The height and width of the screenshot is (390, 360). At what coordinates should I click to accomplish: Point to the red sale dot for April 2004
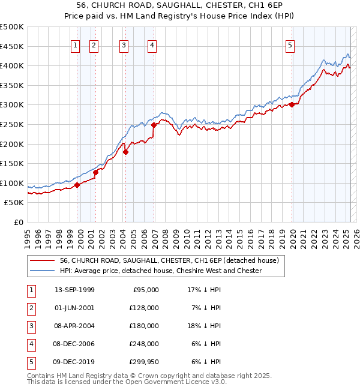coord(126,152)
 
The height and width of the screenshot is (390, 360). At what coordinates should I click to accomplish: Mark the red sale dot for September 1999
coord(77,185)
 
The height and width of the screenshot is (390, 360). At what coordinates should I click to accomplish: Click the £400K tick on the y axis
coord(12,65)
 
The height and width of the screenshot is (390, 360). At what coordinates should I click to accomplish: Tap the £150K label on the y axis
coord(12,163)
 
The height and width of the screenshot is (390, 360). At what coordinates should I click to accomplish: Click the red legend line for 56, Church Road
coord(42,261)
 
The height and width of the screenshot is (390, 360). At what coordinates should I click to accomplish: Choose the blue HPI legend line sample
coord(42,271)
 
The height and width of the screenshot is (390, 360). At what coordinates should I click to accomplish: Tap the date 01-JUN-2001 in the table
coord(74,307)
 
